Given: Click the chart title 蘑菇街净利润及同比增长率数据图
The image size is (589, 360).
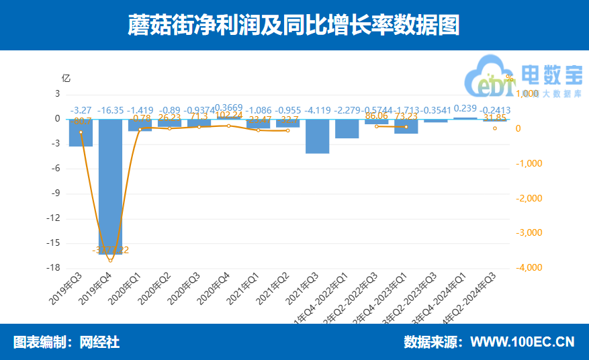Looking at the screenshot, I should coord(294,26).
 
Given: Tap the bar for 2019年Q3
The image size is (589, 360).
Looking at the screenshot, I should coord(81,132).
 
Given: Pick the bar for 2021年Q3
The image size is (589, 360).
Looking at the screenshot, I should coord(317,136).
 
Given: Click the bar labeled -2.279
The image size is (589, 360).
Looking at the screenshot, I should coord(347,128).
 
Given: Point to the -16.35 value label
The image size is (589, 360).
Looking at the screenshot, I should coord(111,110).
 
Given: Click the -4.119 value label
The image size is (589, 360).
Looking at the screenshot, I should coord(318,110).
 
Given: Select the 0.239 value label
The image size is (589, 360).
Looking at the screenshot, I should coord(465,108).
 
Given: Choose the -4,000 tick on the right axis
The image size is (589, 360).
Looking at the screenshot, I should coord(528,268).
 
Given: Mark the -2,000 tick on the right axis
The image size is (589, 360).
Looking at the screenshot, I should coord(528,198).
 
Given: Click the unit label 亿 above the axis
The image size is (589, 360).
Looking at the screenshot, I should coord(66,77).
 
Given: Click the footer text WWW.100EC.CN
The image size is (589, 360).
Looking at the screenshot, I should coord(522,342).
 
